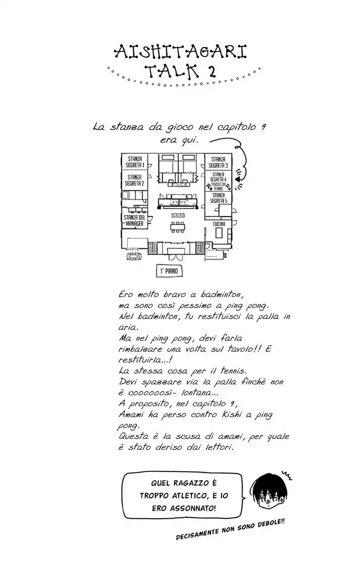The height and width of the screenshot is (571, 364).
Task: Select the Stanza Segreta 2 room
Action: (x=134, y=180)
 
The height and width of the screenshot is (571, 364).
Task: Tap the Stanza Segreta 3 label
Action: (x=218, y=162)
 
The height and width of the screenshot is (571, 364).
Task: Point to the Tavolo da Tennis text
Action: (x=218, y=186)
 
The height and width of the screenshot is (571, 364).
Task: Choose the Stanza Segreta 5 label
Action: (x=218, y=198)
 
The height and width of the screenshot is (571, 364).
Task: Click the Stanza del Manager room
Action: (x=134, y=220)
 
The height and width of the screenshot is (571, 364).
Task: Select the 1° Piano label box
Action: (x=169, y=272)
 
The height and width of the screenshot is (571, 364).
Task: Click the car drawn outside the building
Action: (x=134, y=256)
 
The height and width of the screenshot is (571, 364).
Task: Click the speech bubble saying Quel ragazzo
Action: (x=183, y=495)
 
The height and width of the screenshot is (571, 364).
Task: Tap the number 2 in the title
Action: (x=211, y=71)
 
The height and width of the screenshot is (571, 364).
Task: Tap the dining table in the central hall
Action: (x=178, y=226)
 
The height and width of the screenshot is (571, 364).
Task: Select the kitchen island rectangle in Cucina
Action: (x=219, y=233)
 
